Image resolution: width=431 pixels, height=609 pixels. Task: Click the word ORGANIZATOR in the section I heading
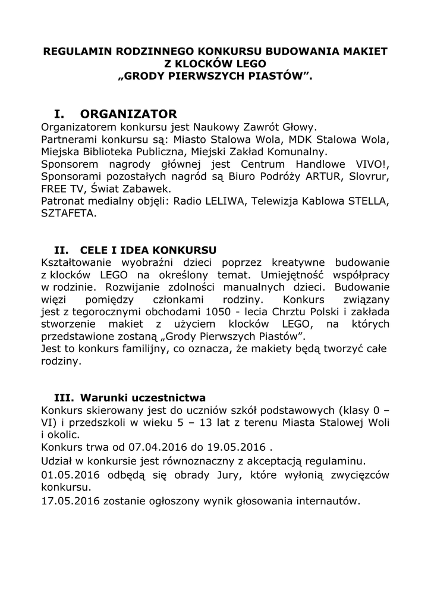point(128,114)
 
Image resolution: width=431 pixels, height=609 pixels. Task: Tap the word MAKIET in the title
point(363,52)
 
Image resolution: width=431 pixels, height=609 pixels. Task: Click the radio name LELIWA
point(222,202)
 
